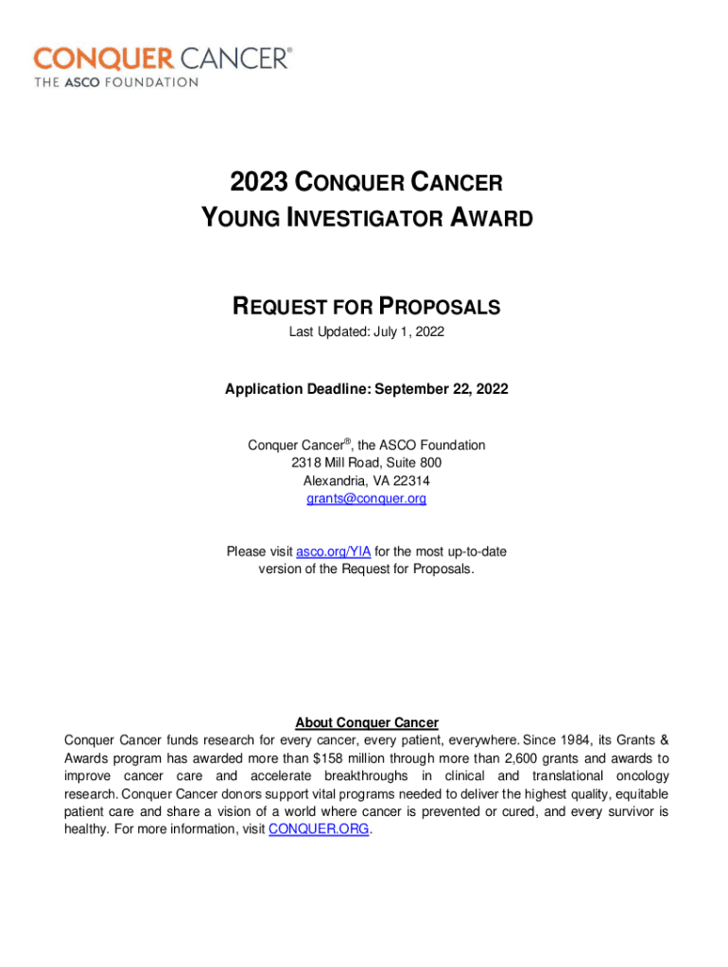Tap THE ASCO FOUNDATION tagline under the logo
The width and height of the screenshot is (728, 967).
click(x=116, y=82)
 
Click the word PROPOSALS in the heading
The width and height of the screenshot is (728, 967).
click(x=440, y=307)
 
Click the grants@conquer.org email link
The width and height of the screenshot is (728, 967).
click(x=366, y=498)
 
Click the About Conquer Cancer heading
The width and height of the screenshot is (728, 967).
click(x=366, y=723)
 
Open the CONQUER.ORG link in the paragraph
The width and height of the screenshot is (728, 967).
click(x=320, y=829)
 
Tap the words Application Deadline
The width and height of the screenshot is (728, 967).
click(x=289, y=389)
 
